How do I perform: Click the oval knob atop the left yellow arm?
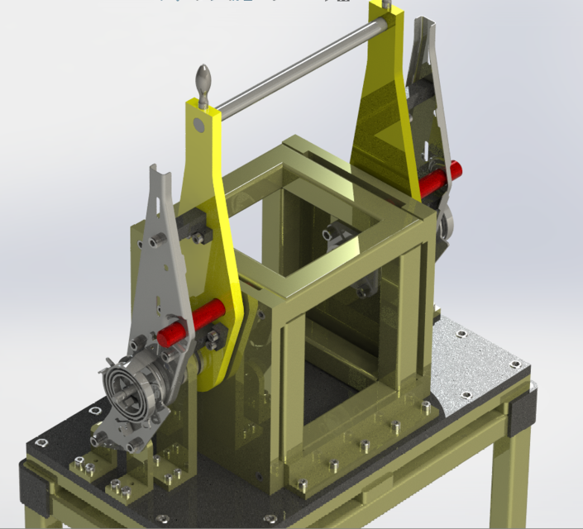pos(203,83)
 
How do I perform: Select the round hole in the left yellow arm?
pos(197,125)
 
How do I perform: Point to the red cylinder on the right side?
pos(437,182)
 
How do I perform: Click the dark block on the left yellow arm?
pos(194,225)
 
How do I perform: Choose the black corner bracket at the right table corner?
pos(523,411)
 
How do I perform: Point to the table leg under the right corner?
pos(521,479)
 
